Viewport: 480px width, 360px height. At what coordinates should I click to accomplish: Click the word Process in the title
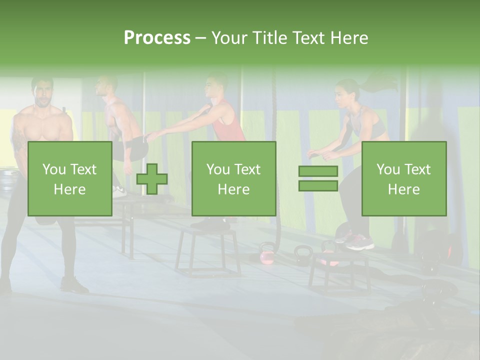157,37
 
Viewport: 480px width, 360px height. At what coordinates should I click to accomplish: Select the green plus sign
152,179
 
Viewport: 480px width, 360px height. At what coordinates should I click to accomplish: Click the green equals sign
318,178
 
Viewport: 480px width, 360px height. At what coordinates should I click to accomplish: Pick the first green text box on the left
70,178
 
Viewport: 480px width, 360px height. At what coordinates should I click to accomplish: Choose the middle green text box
233,178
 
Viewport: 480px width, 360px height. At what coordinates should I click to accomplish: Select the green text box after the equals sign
403,178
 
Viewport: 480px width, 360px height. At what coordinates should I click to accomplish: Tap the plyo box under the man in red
207,250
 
